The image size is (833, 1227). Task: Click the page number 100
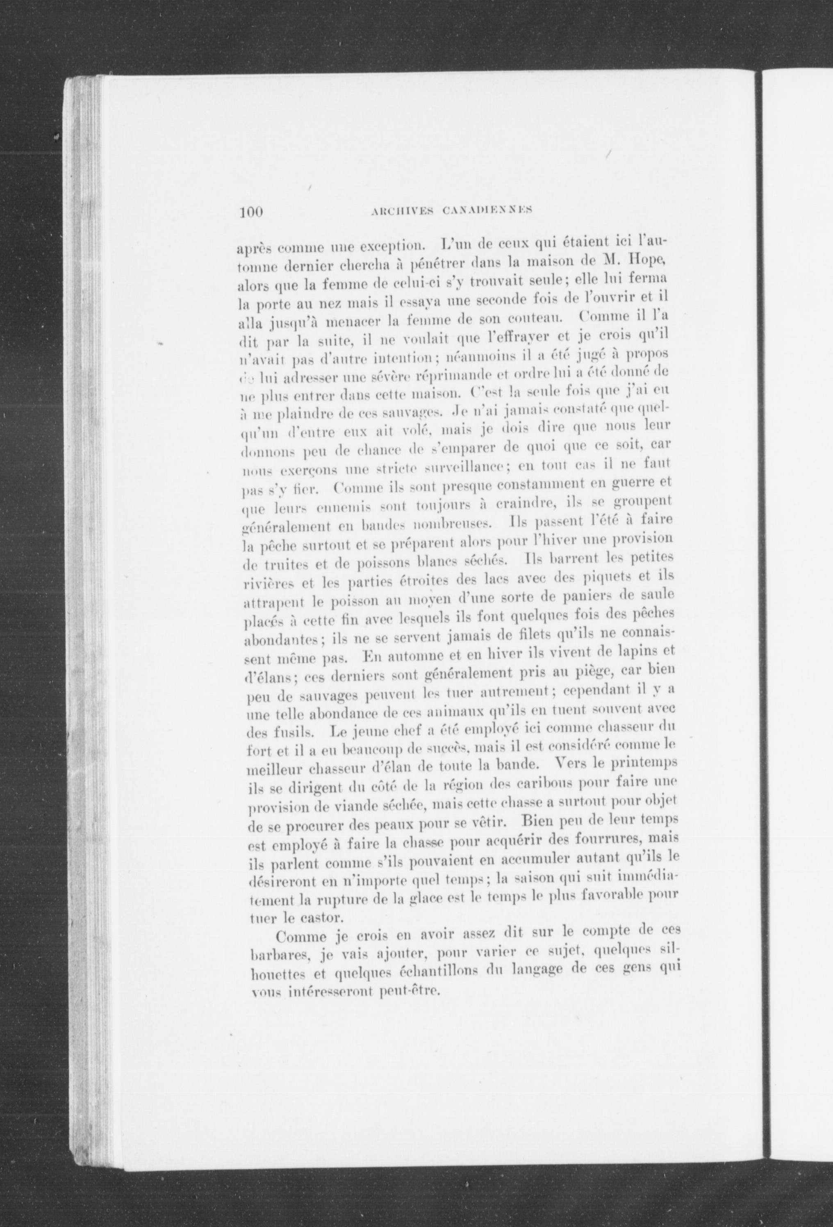[251, 212]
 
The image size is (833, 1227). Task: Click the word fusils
[280, 734]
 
